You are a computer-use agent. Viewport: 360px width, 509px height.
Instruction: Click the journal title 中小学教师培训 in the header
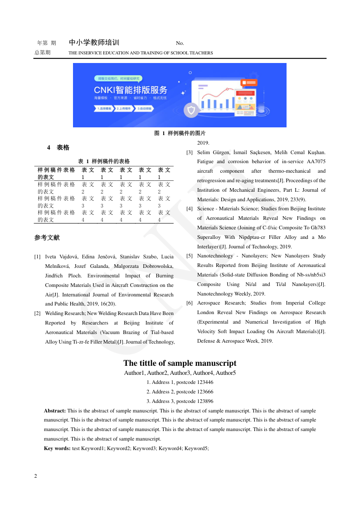(x=94, y=43)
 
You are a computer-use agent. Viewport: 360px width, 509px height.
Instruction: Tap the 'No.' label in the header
(x=180, y=44)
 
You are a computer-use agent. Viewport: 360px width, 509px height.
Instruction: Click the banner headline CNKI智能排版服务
(x=131, y=90)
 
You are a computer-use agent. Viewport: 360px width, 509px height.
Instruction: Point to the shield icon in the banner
(x=191, y=110)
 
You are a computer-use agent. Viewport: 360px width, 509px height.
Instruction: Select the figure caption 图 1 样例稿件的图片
(x=180, y=133)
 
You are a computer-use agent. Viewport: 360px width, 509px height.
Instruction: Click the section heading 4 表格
(x=58, y=148)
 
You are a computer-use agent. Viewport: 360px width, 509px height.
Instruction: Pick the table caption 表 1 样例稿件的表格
(x=104, y=161)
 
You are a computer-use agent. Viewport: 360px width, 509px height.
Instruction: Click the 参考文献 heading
(x=47, y=238)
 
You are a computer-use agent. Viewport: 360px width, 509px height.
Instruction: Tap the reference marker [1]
(x=37, y=257)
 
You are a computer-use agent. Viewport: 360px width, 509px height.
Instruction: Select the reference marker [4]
(x=190, y=209)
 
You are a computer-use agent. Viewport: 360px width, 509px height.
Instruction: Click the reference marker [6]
(x=190, y=303)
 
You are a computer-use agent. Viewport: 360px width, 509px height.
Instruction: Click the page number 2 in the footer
(x=36, y=476)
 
